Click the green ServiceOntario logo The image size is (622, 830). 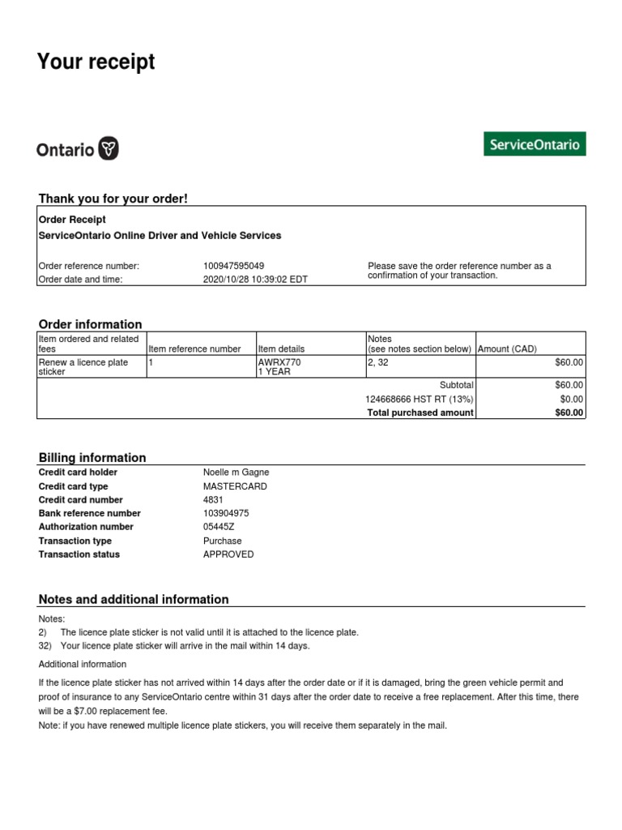pyautogui.click(x=535, y=144)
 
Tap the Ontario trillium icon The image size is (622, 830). pyautogui.click(x=109, y=149)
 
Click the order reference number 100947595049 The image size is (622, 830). pyautogui.click(x=233, y=266)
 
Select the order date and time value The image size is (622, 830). pyautogui.click(x=255, y=279)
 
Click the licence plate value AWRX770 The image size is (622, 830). pyautogui.click(x=279, y=362)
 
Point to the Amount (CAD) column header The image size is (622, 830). pyautogui.click(x=508, y=349)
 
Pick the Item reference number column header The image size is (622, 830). pyautogui.click(x=194, y=349)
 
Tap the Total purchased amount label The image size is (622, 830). pyautogui.click(x=420, y=413)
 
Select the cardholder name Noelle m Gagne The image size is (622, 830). pyautogui.click(x=236, y=473)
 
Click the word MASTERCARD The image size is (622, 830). pyautogui.click(x=234, y=486)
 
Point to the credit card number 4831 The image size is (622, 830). pyautogui.click(x=212, y=500)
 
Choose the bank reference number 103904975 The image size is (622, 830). pyautogui.click(x=226, y=513)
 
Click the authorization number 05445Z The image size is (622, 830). pyautogui.click(x=219, y=527)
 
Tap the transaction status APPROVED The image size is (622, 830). pyautogui.click(x=228, y=554)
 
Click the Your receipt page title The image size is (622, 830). pyautogui.click(x=96, y=62)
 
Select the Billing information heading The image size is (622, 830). pyautogui.click(x=92, y=457)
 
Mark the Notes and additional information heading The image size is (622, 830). pyautogui.click(x=134, y=600)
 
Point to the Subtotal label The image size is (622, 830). pyautogui.click(x=456, y=385)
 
